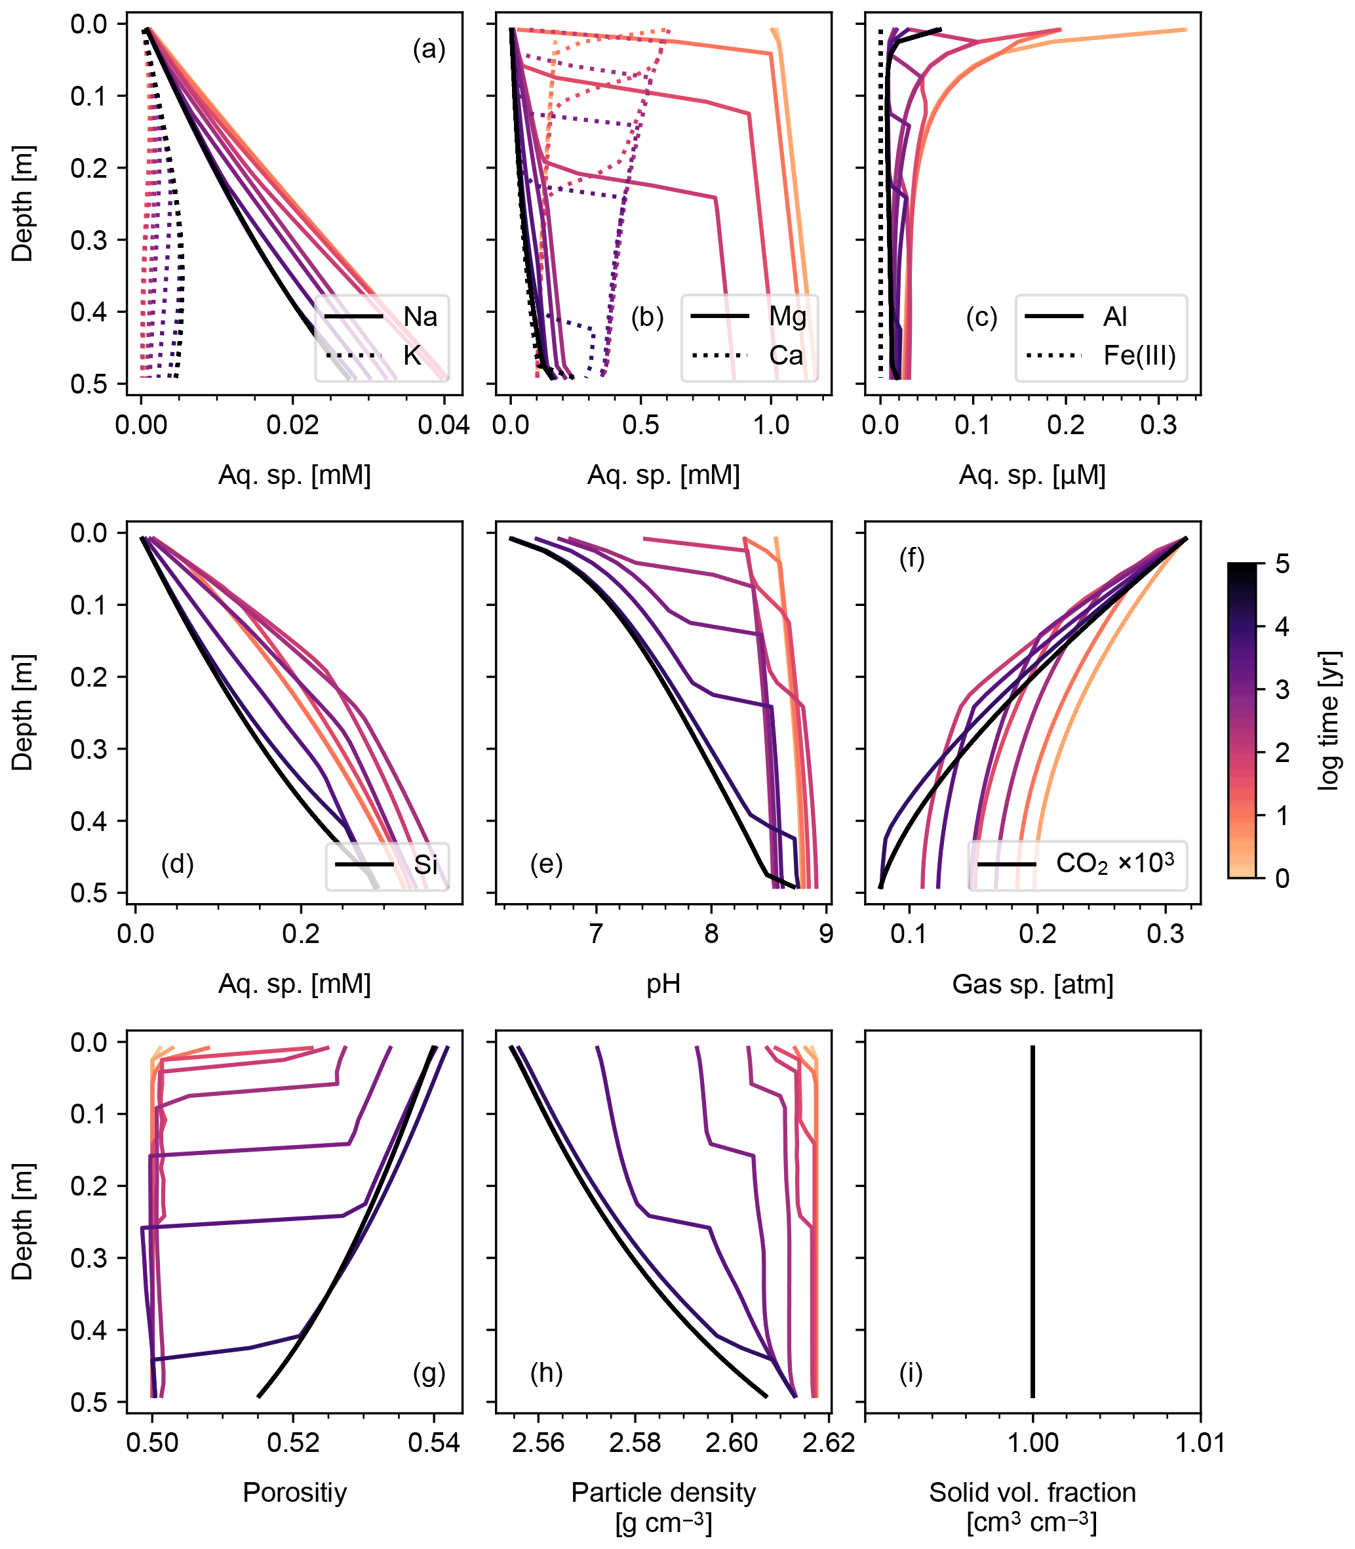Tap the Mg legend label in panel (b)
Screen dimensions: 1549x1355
click(787, 316)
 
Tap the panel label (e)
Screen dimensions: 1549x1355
click(546, 864)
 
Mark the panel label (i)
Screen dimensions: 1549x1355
click(911, 1373)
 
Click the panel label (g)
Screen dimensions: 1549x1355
click(429, 1373)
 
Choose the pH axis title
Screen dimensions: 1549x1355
click(663, 984)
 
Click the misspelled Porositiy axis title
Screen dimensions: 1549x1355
click(294, 1493)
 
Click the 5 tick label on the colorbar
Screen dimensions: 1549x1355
click(1282, 564)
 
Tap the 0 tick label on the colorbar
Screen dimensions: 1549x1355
click(1282, 879)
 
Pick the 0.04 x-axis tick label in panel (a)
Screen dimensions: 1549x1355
click(444, 425)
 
